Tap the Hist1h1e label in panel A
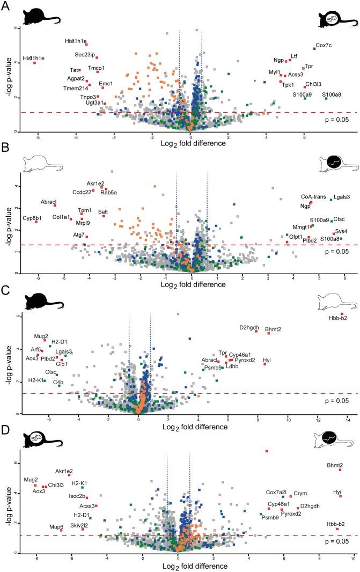(x=34, y=58)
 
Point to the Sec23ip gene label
(x=85, y=55)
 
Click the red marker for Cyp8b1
(x=36, y=222)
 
